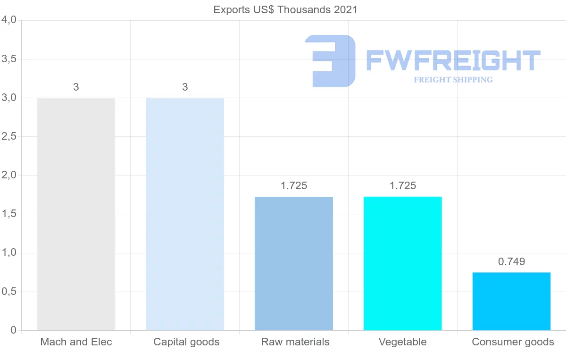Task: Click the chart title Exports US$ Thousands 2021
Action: pos(285,9)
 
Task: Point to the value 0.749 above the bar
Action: pos(512,261)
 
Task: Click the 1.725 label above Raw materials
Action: pos(294,186)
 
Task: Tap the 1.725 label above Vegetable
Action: pos(403,186)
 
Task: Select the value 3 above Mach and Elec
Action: pos(76,87)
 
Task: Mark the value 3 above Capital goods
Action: pos(185,87)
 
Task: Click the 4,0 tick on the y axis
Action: pos(9,20)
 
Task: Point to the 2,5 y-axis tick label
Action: pos(9,136)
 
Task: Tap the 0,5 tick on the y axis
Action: pos(9,292)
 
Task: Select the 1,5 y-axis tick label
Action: pos(9,214)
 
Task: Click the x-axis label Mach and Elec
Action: pos(76,342)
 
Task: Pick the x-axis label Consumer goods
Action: pos(513,342)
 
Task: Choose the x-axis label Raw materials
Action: pos(295,342)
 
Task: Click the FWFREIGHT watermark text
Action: pos(453,60)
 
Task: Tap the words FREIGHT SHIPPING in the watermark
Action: pos(453,80)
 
